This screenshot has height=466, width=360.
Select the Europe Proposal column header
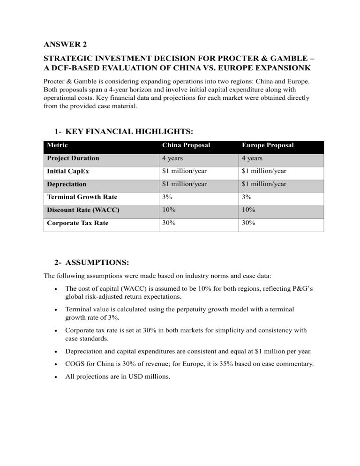[x=268, y=145]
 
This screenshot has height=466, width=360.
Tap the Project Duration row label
[x=73, y=158]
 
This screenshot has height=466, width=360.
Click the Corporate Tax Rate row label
[x=77, y=223]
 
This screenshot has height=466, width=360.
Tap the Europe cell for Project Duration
[x=252, y=158]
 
